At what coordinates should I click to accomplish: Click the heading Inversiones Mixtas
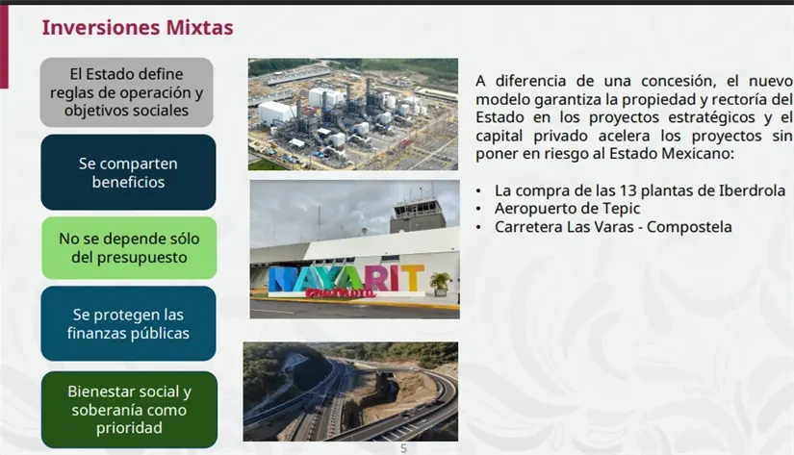[138, 28]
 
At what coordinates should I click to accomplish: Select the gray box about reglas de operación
[126, 92]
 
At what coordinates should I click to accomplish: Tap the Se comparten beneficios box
[128, 172]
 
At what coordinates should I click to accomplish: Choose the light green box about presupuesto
[128, 247]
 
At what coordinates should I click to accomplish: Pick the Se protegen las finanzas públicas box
[128, 324]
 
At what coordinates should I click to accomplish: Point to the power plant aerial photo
[352, 114]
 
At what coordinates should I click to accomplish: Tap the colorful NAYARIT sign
[346, 280]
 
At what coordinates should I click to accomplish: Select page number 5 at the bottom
[404, 448]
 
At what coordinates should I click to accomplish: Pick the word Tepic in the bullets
[620, 209]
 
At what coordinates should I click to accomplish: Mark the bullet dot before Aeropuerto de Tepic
[479, 209]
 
